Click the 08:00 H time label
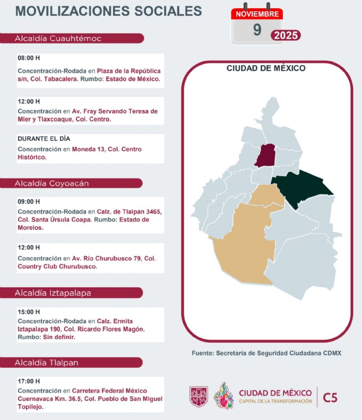(x=29, y=58)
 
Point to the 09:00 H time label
(x=29, y=201)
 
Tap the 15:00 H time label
(x=29, y=312)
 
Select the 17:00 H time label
(x=29, y=381)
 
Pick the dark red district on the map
(x=267, y=156)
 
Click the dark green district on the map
(x=302, y=189)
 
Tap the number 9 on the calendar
(x=257, y=30)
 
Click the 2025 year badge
(x=286, y=35)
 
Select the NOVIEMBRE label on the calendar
(x=257, y=14)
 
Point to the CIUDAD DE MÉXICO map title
(x=266, y=68)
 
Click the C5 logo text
(x=330, y=398)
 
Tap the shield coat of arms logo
(x=198, y=395)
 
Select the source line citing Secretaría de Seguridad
(x=266, y=353)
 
